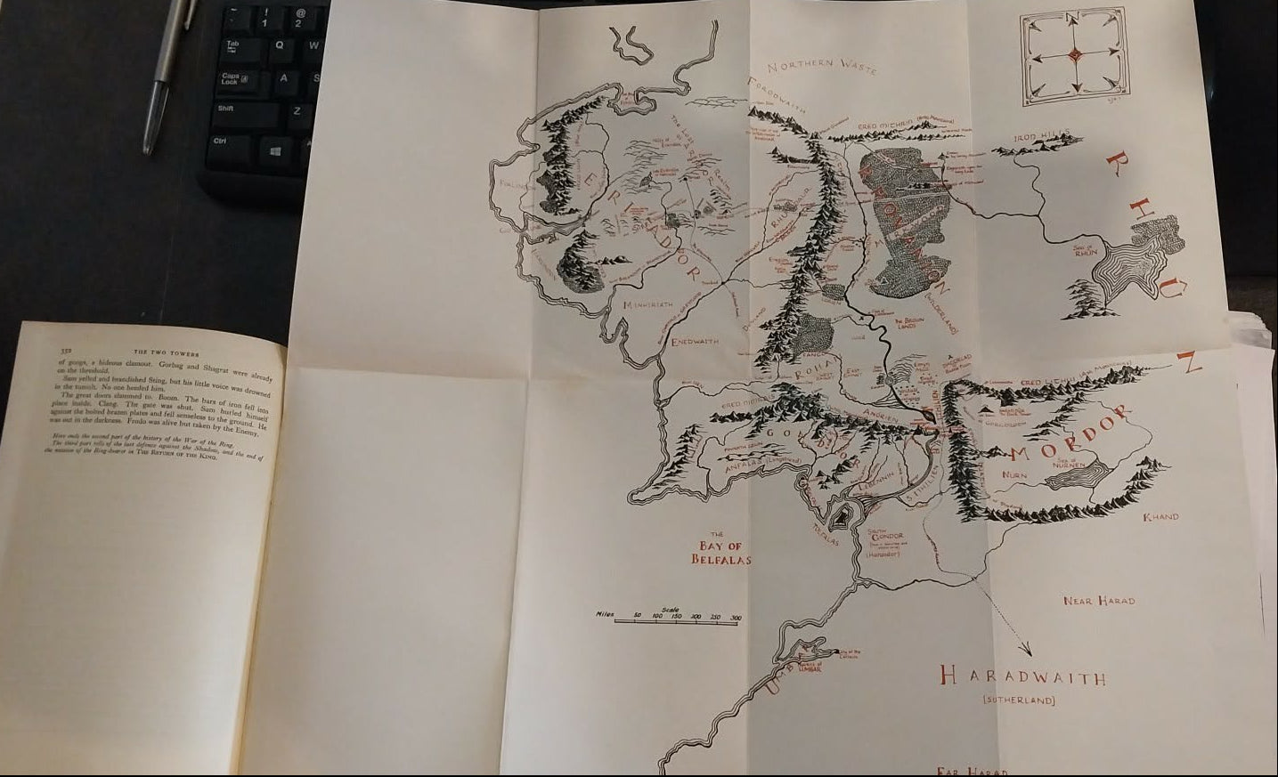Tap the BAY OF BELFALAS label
pos(721,553)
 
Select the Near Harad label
pos(1100,601)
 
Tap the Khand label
pos(1160,516)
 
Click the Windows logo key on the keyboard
pos(276,151)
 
